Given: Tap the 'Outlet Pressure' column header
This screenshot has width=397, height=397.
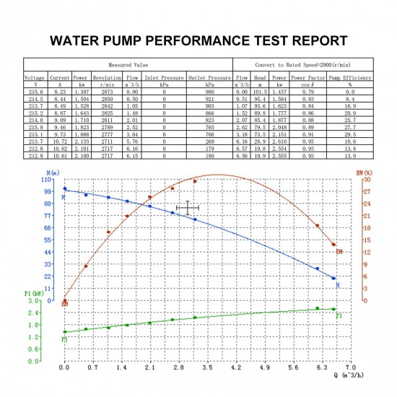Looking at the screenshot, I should point(210,77).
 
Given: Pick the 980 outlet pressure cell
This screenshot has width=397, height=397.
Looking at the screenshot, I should point(210,92).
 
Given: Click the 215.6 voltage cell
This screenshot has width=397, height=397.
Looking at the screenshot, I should point(35,92).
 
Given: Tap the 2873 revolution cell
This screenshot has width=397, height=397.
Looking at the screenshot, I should point(107,92).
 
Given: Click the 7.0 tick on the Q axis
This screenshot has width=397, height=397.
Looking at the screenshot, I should point(350,367).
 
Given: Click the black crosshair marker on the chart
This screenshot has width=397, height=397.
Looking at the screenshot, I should point(187,208).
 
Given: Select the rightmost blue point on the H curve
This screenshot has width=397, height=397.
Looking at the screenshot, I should point(333,278).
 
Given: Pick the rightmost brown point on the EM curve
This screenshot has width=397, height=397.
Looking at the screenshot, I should point(333,245).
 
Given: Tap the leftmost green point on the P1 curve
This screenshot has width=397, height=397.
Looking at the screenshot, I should point(65,332).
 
